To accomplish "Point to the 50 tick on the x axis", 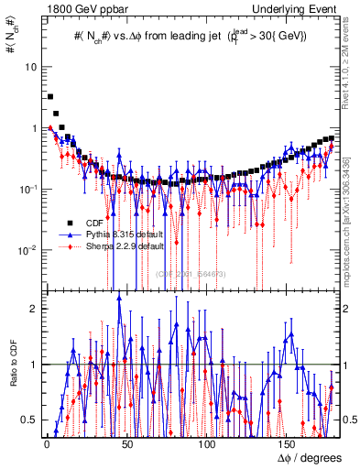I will [126, 444].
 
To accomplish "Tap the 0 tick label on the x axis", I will [47, 444].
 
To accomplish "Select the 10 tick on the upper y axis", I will [31, 68].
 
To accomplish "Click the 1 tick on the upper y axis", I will [34, 128].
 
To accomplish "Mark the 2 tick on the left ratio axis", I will [34, 309].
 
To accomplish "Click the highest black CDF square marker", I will [50, 96].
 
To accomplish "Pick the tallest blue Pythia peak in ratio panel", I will [119, 299].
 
